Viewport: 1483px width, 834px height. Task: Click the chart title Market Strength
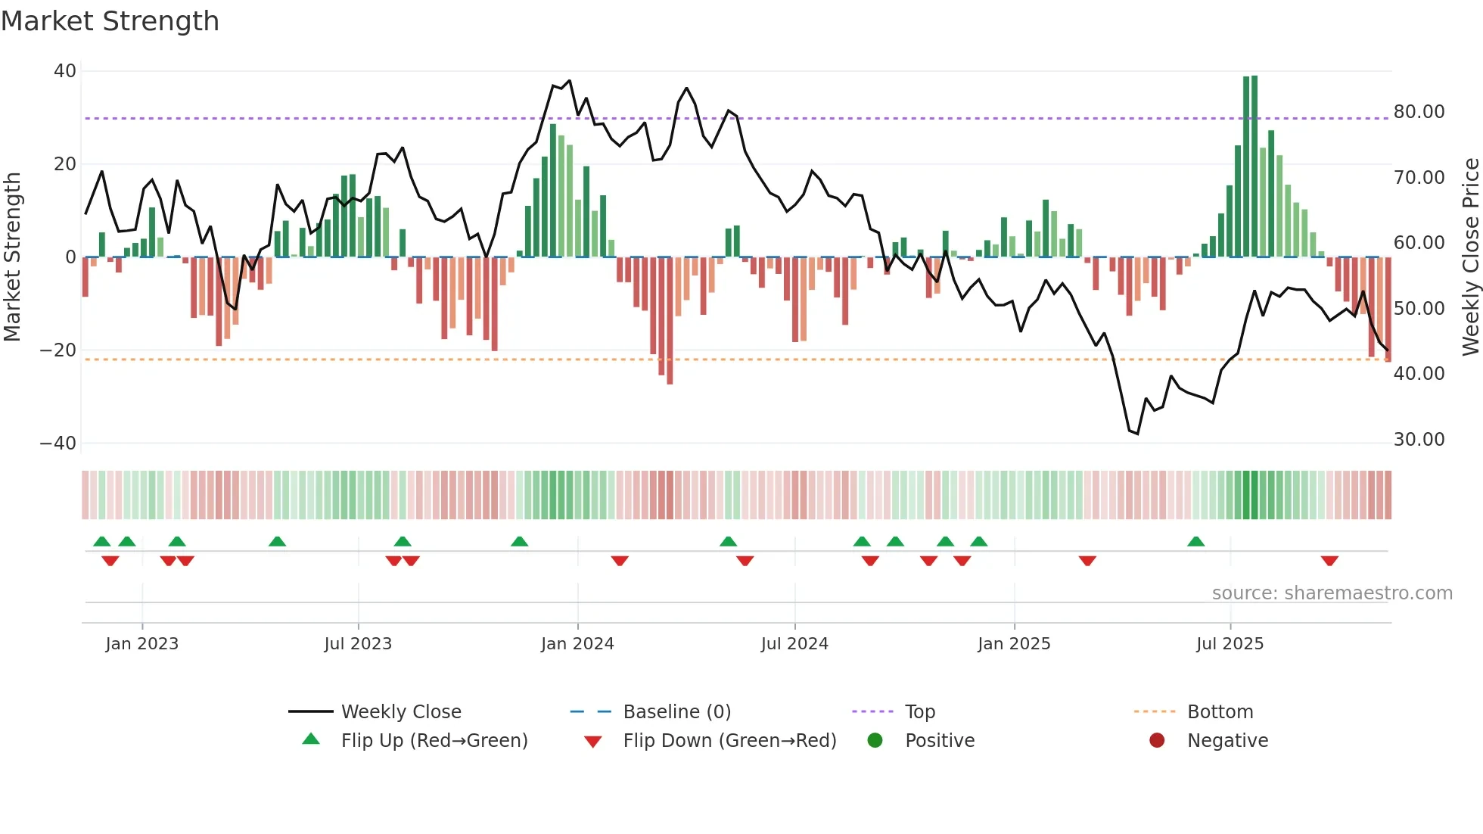pos(110,21)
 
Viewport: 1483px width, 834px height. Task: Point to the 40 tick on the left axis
pos(65,71)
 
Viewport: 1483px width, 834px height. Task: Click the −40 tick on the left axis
pos(58,443)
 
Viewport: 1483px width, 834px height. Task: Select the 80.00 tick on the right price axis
pos(1419,112)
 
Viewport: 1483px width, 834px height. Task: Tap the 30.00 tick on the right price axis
pos(1419,440)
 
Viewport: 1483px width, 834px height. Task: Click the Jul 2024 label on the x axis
pos(794,644)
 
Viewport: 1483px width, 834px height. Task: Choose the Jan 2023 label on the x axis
pos(141,644)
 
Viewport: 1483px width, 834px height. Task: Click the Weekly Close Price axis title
pos(1470,257)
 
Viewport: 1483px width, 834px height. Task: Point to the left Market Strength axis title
pos(12,257)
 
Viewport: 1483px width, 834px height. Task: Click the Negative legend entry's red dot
pos(1157,740)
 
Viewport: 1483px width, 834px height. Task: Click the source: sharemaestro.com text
pos(1332,593)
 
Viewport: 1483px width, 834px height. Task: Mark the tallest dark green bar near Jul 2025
pos(1254,166)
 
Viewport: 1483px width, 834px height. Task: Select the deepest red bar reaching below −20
pos(670,322)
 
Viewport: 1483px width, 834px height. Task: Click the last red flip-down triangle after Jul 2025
pos(1329,561)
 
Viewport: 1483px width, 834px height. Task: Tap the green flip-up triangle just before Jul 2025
pos(1195,542)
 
